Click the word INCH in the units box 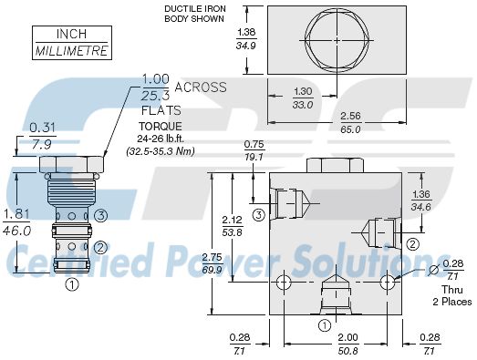(x=70, y=34)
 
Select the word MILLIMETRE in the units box (x=71, y=50)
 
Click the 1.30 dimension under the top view (x=303, y=91)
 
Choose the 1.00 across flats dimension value (x=155, y=79)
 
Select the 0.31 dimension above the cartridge (x=42, y=127)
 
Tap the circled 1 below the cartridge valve (x=72, y=284)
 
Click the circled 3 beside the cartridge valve (x=102, y=216)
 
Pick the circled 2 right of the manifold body (x=411, y=242)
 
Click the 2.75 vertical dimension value (x=212, y=258)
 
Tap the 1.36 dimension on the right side (x=421, y=194)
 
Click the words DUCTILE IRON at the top (x=188, y=9)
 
